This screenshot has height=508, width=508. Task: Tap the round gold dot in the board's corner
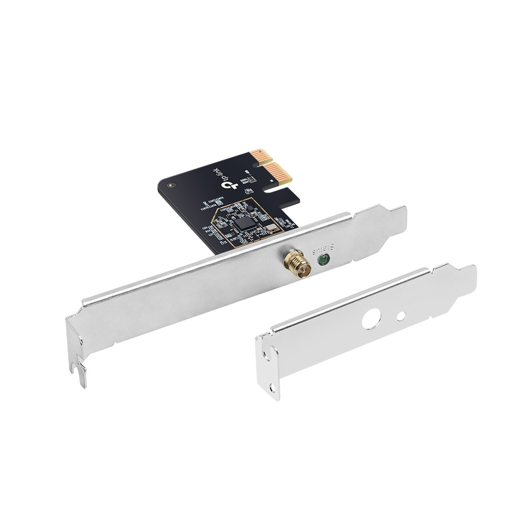coord(171,185)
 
